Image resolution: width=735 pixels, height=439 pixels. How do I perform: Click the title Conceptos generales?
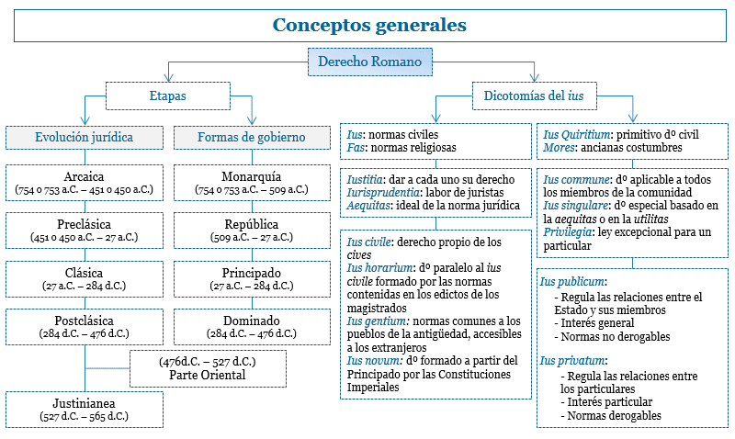click(368, 25)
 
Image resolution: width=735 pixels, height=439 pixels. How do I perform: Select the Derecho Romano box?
click(368, 62)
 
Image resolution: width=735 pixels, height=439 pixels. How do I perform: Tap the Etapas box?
click(167, 96)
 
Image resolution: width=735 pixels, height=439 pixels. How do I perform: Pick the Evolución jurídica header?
click(85, 137)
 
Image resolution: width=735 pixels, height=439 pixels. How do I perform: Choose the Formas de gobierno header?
click(252, 137)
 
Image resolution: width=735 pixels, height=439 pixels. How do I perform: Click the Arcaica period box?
click(85, 183)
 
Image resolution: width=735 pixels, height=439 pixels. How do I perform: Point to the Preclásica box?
click(85, 231)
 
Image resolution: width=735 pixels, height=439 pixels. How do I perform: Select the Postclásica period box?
click(85, 326)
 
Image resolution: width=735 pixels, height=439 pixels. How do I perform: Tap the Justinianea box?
click(85, 409)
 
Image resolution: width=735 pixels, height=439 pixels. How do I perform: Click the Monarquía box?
click(252, 183)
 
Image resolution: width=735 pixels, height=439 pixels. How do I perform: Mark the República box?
click(252, 231)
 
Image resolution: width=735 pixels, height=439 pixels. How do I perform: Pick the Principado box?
click(252, 278)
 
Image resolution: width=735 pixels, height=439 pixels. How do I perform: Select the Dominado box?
click(252, 326)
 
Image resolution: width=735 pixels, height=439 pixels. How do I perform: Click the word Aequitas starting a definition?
click(367, 206)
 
